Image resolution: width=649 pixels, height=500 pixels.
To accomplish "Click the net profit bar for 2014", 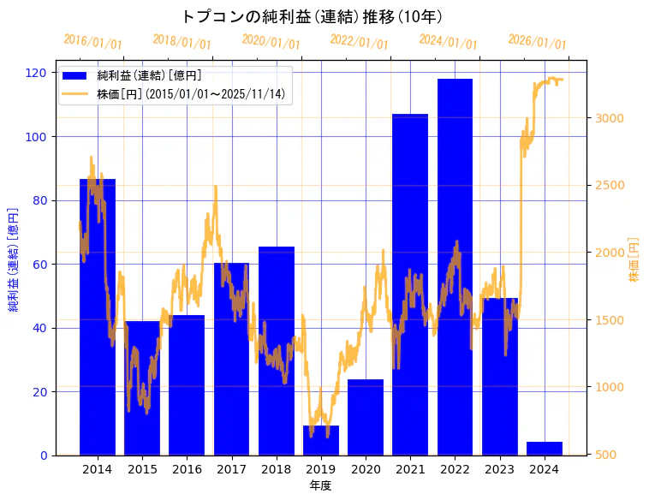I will pos(98,317).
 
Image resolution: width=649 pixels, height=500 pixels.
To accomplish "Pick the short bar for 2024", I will pos(545,449).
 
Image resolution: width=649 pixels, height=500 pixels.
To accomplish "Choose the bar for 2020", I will pos(366,417).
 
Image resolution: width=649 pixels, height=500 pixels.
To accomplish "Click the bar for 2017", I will pos(231,359).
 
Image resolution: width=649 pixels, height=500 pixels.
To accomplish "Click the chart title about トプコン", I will pos(312,16).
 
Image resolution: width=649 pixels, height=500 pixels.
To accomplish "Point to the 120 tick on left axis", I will pos(37,73).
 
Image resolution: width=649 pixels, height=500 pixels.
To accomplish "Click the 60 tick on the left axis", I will pos(40,265).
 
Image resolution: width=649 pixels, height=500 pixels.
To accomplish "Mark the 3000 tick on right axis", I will pos(610,118).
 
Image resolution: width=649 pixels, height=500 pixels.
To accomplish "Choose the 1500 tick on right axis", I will pos(610,320).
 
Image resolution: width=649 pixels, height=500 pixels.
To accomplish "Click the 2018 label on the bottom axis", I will pos(276,469).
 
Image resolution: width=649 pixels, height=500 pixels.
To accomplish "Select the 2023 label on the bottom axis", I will pos(499,469).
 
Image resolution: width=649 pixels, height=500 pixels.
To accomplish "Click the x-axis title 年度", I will pos(320,485).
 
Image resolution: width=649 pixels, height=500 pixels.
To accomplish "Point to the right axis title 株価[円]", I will pos(634,260).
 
